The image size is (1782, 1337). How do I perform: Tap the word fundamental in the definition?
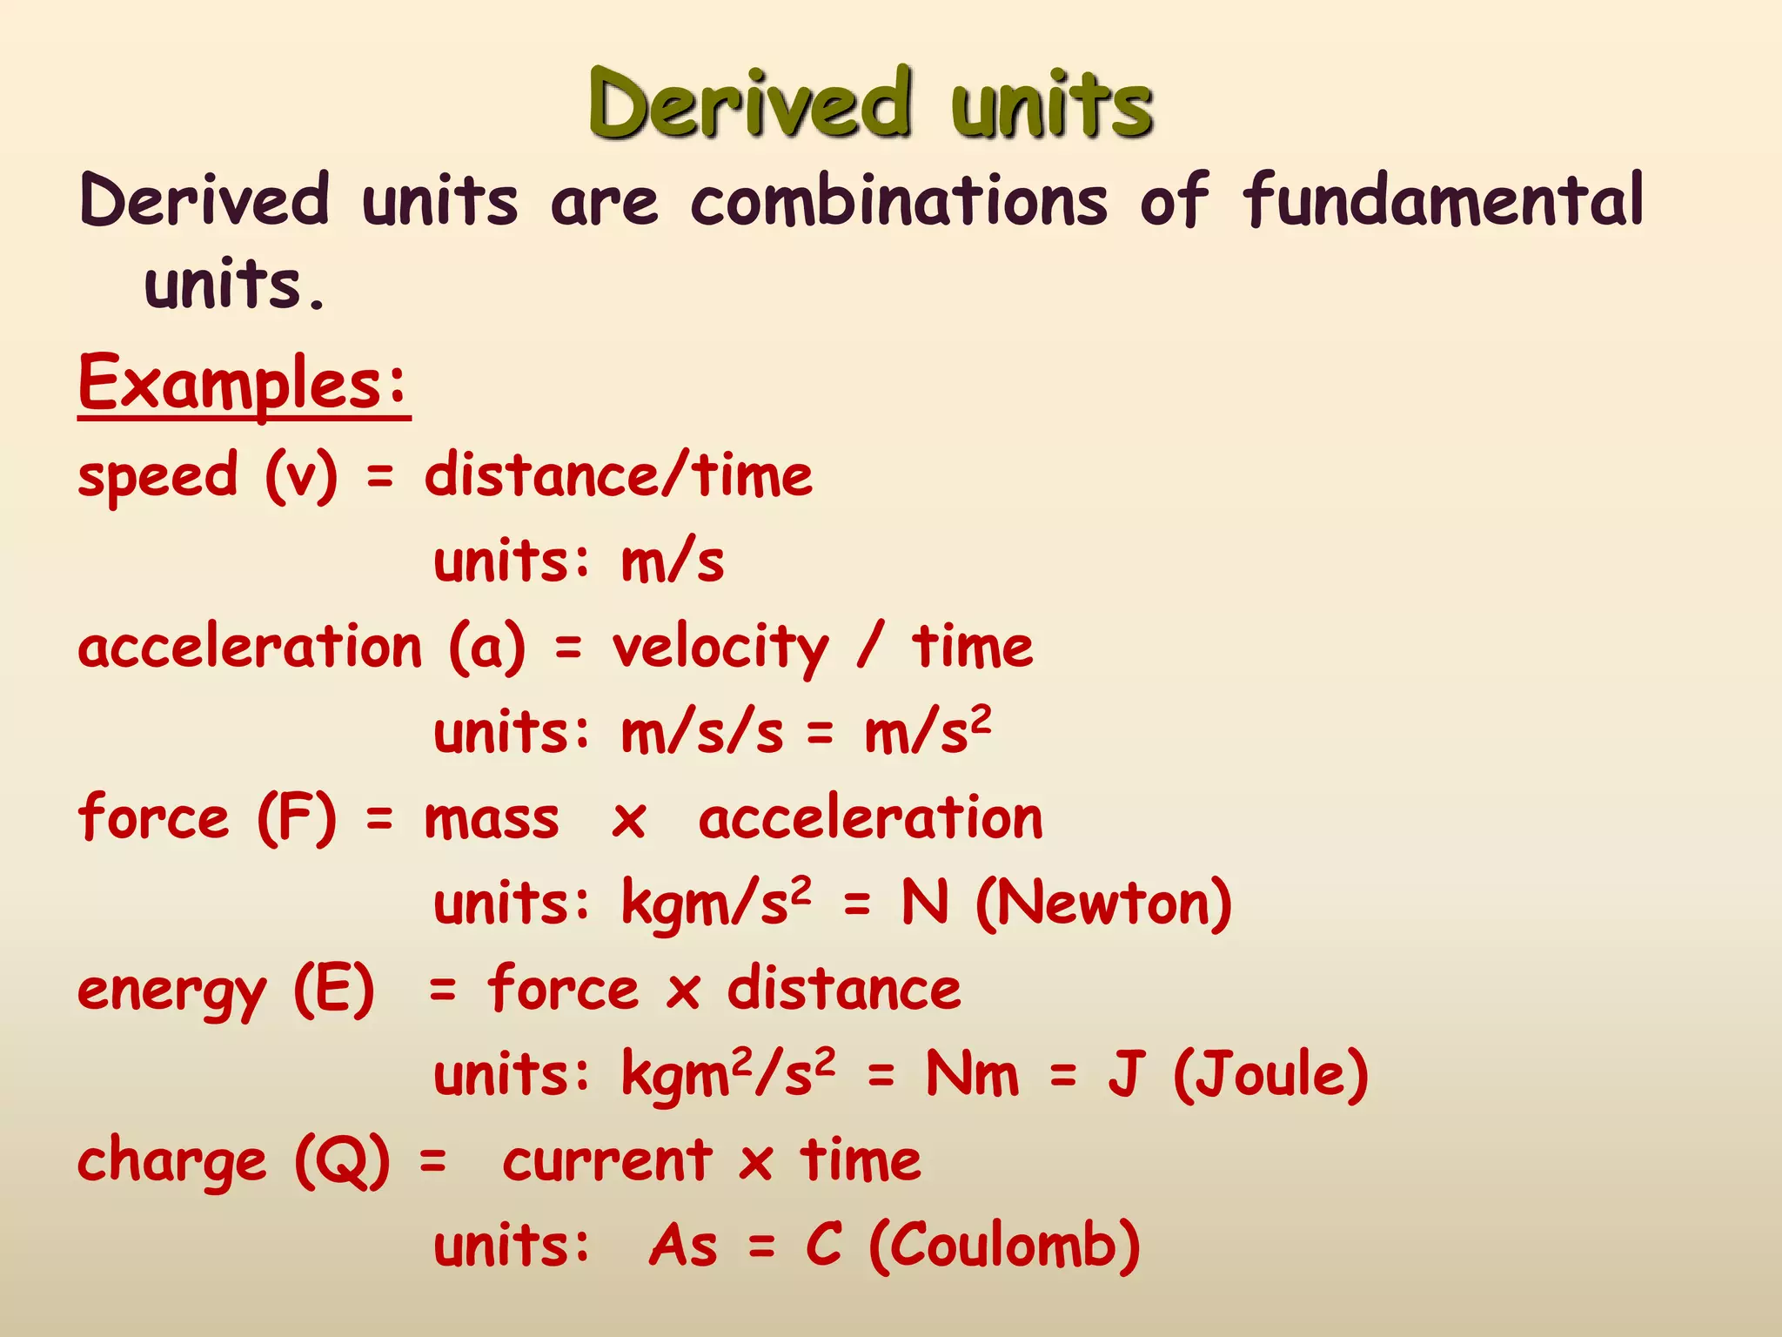tap(1443, 201)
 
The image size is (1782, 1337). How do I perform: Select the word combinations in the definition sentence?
tap(899, 201)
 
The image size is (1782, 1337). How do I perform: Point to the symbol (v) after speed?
tap(301, 476)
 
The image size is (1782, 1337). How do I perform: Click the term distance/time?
tap(619, 476)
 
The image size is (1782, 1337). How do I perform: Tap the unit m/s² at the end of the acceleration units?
tap(928, 731)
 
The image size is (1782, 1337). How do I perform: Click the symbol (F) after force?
tap(297, 819)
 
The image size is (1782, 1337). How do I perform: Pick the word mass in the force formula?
tap(492, 820)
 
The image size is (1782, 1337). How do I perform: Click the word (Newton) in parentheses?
tap(1103, 904)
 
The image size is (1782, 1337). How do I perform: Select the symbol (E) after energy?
tap(334, 991)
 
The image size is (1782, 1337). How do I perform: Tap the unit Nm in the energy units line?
tap(972, 1074)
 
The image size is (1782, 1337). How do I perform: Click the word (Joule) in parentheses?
tap(1270, 1074)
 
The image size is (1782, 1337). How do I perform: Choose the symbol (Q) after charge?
tap(342, 1161)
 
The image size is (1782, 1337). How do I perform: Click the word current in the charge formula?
tap(606, 1161)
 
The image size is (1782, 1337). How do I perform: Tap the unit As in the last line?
tap(684, 1246)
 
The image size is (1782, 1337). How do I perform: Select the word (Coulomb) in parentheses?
tap(1004, 1246)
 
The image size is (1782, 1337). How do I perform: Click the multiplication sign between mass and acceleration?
tap(629, 821)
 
